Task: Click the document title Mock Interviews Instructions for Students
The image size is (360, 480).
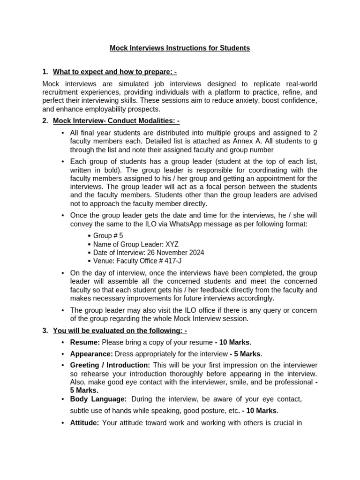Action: pos(180,48)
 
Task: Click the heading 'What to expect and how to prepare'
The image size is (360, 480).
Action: pos(114,72)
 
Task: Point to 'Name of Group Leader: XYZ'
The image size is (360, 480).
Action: pos(135,244)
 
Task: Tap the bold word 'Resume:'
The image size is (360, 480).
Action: pos(85,342)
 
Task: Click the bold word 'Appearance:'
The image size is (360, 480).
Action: pos(91,354)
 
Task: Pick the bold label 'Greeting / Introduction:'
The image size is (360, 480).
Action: pos(110,365)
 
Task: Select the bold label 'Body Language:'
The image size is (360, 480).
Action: pos(98,399)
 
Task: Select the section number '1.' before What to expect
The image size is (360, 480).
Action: pos(45,72)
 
